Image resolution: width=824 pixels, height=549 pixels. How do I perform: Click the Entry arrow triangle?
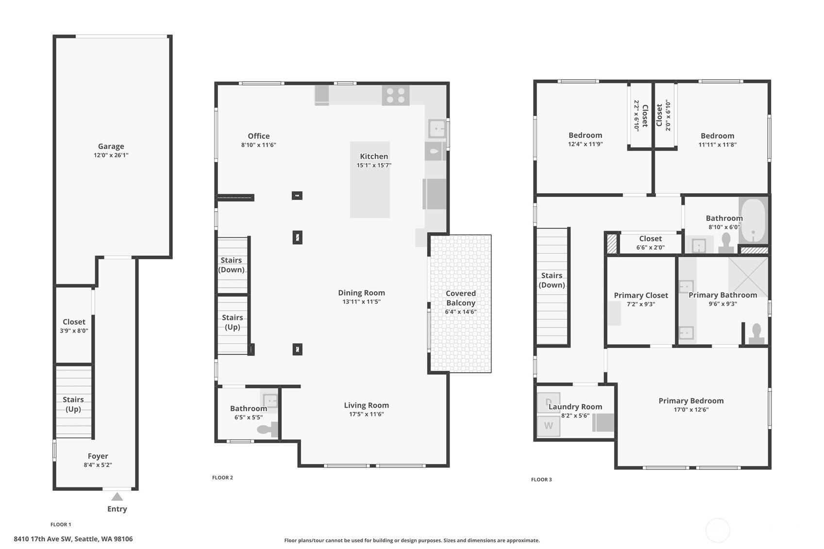[x=117, y=497]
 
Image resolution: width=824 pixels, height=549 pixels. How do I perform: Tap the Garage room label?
[x=111, y=146]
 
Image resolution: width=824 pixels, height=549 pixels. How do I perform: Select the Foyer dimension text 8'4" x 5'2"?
[x=98, y=465]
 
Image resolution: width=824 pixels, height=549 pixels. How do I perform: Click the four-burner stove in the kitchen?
[x=395, y=95]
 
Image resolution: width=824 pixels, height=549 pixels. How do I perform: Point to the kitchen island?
[x=370, y=180]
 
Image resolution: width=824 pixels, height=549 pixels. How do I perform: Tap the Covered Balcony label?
[x=461, y=298]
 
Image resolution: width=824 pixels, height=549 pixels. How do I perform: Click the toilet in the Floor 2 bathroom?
[x=267, y=429]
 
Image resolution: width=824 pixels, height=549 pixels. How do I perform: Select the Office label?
[x=259, y=136]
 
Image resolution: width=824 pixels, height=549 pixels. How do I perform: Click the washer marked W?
[x=549, y=426]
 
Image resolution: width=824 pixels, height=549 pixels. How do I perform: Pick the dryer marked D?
[x=549, y=403]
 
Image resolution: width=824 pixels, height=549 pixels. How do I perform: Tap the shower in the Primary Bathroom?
[x=748, y=277]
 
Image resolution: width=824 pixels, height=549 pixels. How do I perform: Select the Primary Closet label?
[x=641, y=295]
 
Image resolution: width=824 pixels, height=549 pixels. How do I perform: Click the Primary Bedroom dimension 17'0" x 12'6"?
[x=691, y=410]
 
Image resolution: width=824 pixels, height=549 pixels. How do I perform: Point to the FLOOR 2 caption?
[x=222, y=478]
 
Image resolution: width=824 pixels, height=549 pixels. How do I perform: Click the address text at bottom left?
[x=73, y=539]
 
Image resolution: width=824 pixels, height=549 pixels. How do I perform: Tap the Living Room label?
[x=367, y=405]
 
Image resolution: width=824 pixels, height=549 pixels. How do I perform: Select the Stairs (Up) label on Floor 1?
[x=73, y=404]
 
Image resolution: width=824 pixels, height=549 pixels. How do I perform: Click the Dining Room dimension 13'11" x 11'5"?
[x=362, y=302]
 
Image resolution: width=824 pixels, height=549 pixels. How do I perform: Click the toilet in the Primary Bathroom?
[x=757, y=334]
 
